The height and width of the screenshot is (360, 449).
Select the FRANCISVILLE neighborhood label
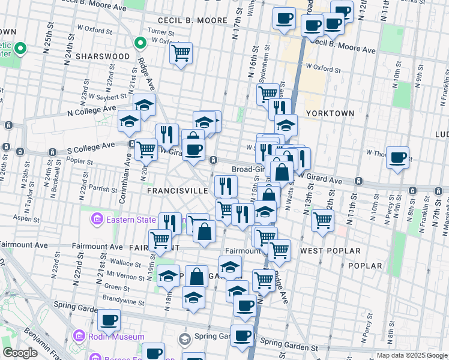(x=178, y=190)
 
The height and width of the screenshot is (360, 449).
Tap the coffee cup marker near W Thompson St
(x=397, y=158)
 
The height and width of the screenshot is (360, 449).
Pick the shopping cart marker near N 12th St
(x=323, y=221)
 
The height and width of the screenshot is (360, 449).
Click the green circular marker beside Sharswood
(x=140, y=43)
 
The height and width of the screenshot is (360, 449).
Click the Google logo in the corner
(x=20, y=353)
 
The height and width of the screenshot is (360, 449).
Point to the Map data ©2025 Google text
(x=411, y=355)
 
